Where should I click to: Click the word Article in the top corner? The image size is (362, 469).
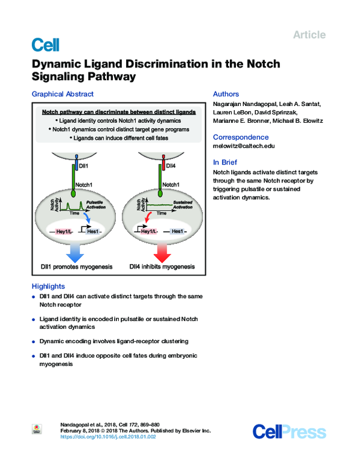pos(309,35)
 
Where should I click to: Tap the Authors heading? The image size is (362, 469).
pos(226,94)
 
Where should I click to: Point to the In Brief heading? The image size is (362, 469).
pos(225,162)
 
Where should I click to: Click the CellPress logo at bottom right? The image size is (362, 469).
pos(289,431)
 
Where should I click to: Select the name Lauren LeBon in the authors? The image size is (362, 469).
pos(232,113)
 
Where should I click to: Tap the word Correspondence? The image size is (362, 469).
pos(241,137)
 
